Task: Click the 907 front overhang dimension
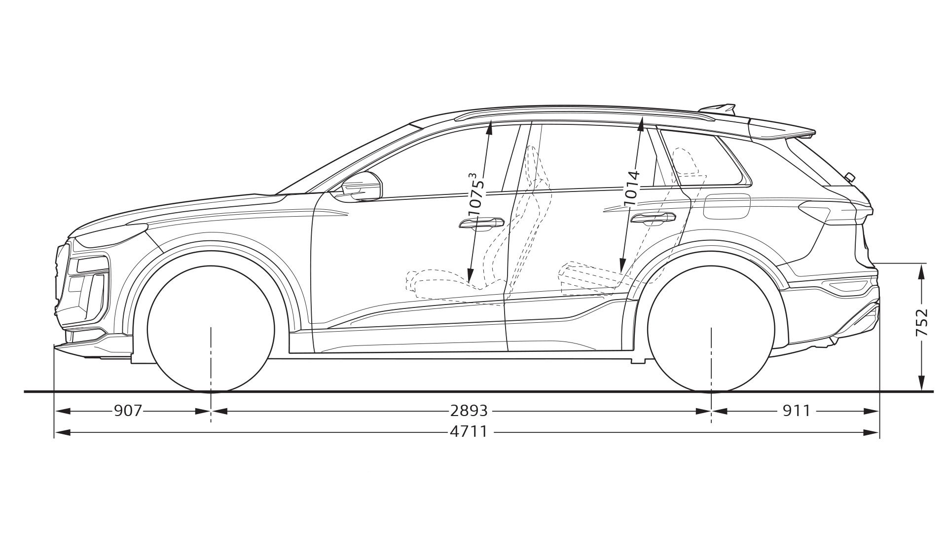128,410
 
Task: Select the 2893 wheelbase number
469,410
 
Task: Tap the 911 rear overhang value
797,410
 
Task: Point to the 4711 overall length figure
469,432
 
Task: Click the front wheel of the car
211,329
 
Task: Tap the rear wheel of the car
711,329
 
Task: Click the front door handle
478,224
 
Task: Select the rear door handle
654,218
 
